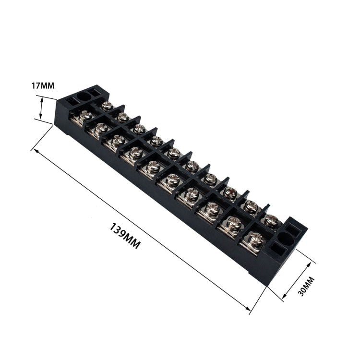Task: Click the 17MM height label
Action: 43,86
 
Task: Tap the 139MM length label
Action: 125,235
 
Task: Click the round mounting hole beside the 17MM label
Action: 84,96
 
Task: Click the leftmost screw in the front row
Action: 85,115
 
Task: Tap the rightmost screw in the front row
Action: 256,238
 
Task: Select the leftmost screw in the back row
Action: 108,105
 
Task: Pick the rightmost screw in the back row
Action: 272,220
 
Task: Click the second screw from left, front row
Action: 101,128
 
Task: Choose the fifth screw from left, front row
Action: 154,167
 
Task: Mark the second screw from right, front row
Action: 234,222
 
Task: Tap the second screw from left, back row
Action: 123,117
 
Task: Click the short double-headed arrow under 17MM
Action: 41,108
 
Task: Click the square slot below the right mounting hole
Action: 277,249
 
